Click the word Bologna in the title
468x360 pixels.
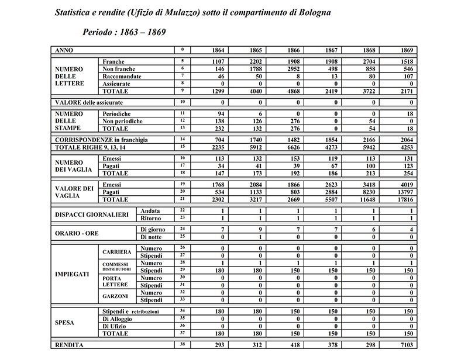pos(314,12)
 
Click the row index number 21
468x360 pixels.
pos(183,199)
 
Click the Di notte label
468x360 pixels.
pos(152,237)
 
